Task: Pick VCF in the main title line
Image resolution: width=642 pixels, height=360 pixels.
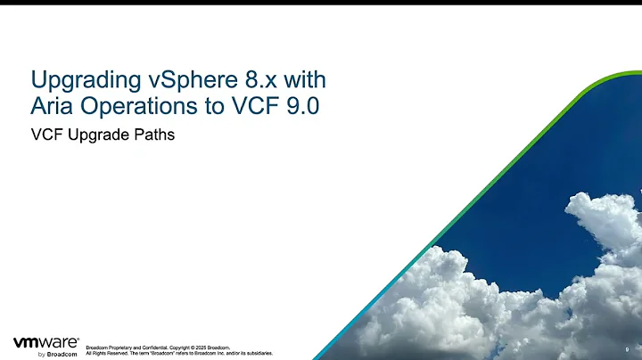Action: (251, 107)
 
